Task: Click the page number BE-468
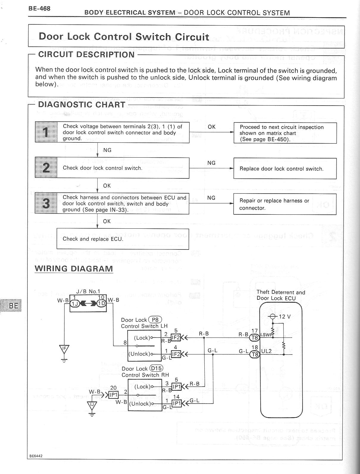coord(39,8)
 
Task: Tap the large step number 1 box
coord(46,132)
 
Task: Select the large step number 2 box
coord(46,168)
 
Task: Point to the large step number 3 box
coord(46,203)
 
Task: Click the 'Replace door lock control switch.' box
coord(285,169)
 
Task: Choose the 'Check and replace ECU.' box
coord(123,239)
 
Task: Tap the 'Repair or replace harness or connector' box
coord(285,204)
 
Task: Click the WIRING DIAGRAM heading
coord(74,269)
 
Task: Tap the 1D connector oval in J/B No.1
coord(101,303)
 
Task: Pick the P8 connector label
coord(155,320)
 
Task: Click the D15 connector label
coord(156,369)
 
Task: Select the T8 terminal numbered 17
coord(255,338)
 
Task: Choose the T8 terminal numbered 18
coord(255,354)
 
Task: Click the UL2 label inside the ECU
coord(267,351)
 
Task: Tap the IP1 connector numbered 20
coord(113,395)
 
